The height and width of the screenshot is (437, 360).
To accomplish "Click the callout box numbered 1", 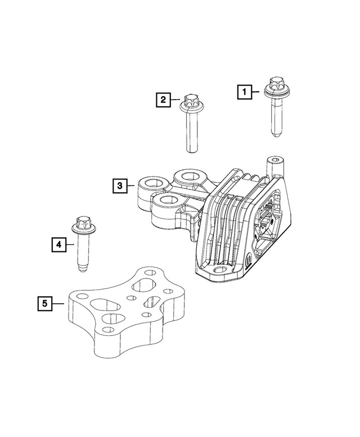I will click(244, 91).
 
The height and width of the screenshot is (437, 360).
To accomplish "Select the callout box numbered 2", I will click(163, 101).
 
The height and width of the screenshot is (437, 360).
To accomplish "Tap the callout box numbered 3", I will click(119, 184).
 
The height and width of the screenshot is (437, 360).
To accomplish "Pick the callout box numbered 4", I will click(58, 244).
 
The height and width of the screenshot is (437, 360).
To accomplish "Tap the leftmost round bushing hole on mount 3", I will click(151, 183).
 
